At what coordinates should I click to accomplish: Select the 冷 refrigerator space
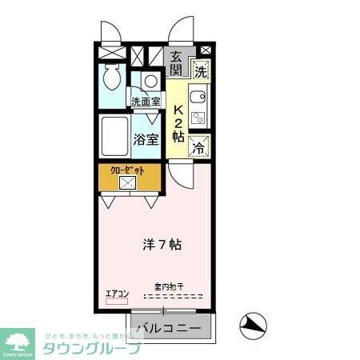pyautogui.click(x=200, y=146)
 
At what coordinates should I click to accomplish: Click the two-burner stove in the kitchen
pyautogui.click(x=198, y=118)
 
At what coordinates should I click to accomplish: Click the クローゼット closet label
pyautogui.click(x=128, y=170)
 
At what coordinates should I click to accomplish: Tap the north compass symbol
pyautogui.click(x=253, y=325)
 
